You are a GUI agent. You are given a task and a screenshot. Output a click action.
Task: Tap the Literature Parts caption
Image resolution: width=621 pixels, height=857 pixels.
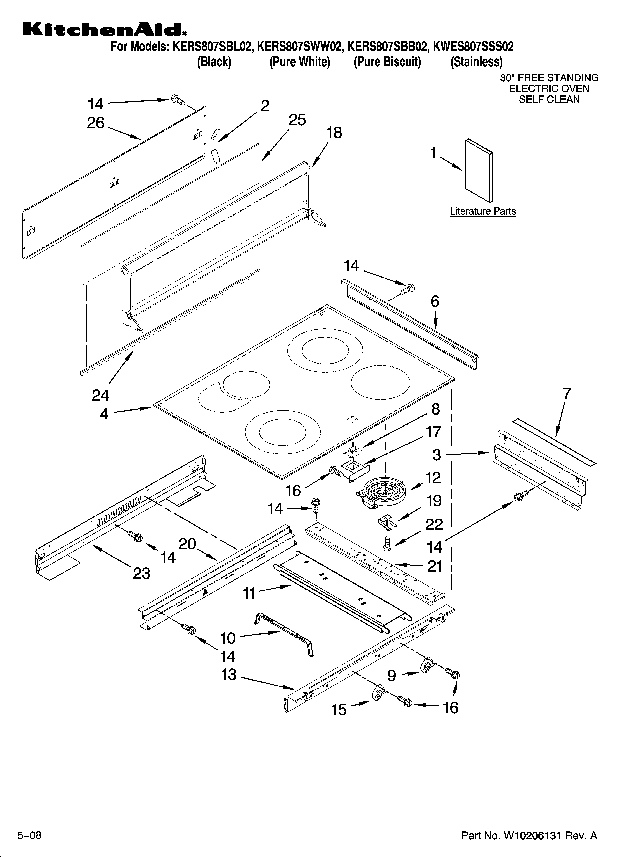pyautogui.click(x=483, y=211)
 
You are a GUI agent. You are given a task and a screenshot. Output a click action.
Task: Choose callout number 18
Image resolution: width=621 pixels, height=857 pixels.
pyautogui.click(x=334, y=133)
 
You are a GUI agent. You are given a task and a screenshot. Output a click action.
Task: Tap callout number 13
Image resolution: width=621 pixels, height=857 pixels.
pyautogui.click(x=229, y=674)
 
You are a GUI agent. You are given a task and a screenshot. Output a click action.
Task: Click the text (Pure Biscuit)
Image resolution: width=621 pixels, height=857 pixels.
pyautogui.click(x=387, y=62)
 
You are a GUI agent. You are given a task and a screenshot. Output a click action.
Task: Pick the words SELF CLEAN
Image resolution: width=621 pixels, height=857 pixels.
pyautogui.click(x=549, y=99)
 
